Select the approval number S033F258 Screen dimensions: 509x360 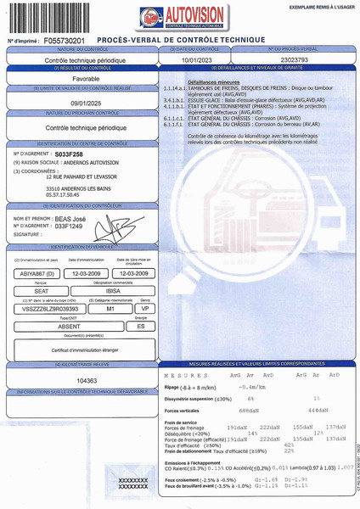(x=69, y=154)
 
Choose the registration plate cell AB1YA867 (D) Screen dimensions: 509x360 (x=37, y=273)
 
